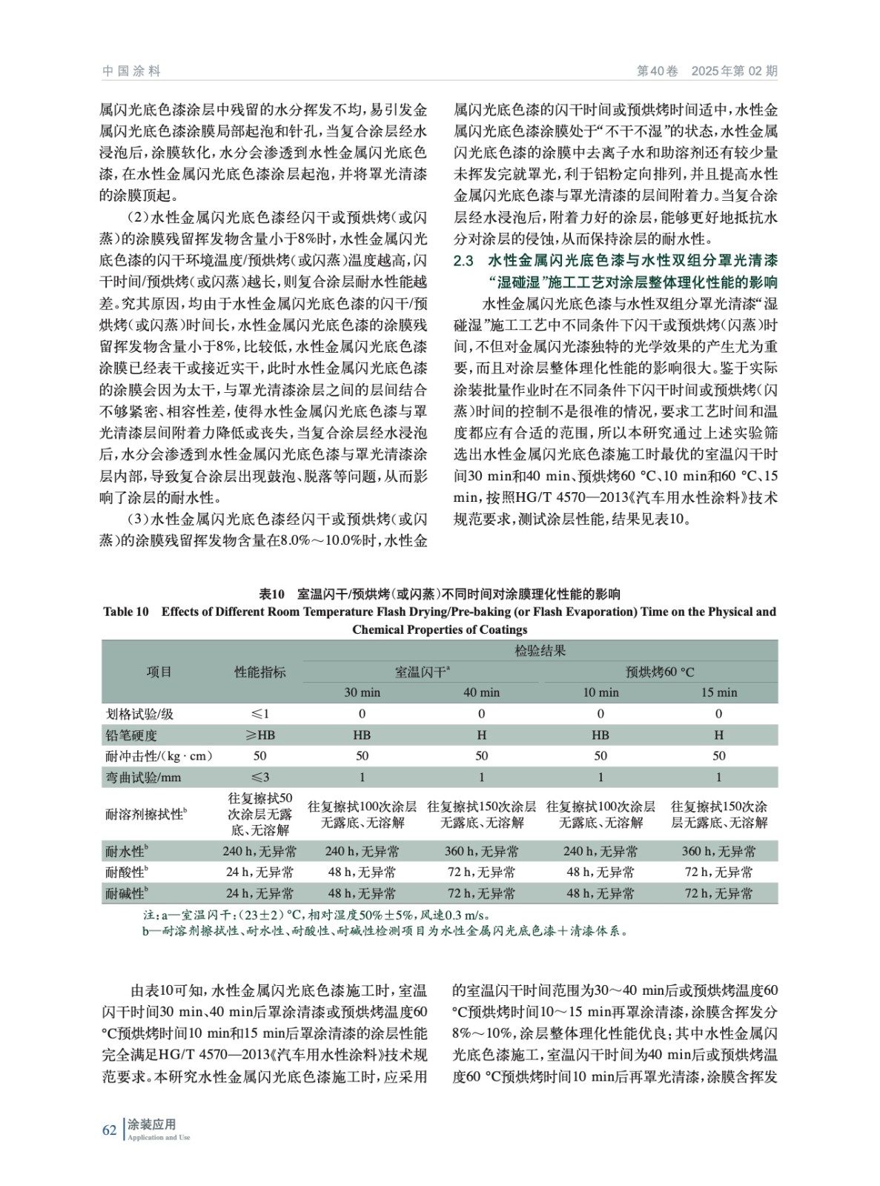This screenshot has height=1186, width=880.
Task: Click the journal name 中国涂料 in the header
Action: point(131,71)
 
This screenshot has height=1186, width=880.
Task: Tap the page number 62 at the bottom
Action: point(110,1130)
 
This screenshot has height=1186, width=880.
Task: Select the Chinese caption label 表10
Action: point(271,594)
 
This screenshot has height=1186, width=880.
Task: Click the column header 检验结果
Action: point(540,651)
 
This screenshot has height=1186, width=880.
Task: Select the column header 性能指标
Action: point(259,672)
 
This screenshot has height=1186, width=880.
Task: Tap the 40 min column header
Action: point(481,692)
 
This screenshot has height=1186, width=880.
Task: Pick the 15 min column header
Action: point(718,692)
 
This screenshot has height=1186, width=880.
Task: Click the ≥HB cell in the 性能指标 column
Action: point(259,735)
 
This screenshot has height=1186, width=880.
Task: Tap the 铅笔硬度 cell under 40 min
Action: point(481,735)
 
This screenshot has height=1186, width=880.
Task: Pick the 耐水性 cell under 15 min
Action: point(718,851)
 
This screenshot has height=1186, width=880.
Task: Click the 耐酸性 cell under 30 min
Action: point(362,872)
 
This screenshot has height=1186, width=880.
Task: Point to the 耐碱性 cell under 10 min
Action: point(600,893)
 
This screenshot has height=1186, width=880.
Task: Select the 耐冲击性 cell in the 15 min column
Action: point(718,755)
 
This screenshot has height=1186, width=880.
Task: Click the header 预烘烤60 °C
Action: point(659,672)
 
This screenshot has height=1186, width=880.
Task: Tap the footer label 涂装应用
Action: point(152,1124)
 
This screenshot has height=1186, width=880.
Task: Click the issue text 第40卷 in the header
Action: point(658,71)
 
